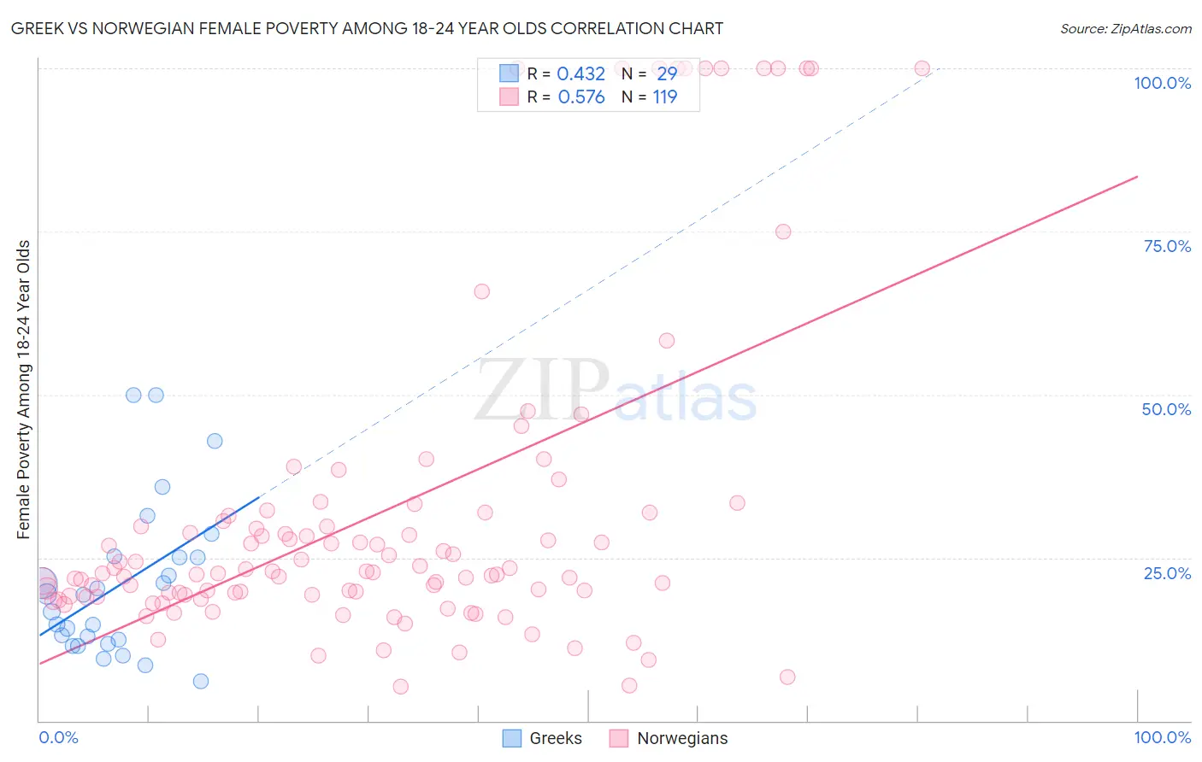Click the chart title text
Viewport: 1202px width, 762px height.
tap(367, 28)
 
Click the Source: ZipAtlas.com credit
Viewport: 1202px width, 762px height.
tap(1125, 28)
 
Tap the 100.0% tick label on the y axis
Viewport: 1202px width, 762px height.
tap(1162, 83)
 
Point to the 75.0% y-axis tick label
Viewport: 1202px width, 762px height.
tap(1166, 246)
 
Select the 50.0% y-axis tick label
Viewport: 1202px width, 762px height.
tap(1165, 409)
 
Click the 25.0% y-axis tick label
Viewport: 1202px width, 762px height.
tap(1166, 573)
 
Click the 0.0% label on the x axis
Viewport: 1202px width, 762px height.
tap(58, 737)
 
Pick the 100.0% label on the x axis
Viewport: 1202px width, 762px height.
tap(1162, 737)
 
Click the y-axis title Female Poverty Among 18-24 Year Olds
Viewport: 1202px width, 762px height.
tap(24, 390)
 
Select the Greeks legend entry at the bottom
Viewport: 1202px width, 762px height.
tap(542, 738)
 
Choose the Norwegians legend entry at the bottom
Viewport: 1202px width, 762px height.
tap(669, 738)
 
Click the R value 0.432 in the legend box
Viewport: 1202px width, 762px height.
tap(580, 74)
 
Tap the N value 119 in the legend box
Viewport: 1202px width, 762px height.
tap(664, 97)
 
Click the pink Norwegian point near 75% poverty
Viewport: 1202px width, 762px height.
tap(783, 232)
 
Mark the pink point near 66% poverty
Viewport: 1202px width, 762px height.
tap(482, 291)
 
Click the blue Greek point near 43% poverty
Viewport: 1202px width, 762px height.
tap(215, 441)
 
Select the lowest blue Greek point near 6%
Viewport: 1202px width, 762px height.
tap(201, 681)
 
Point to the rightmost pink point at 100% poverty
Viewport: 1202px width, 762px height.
tap(922, 68)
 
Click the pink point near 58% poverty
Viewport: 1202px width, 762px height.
tap(667, 341)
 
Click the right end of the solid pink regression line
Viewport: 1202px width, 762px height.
tap(1137, 177)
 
